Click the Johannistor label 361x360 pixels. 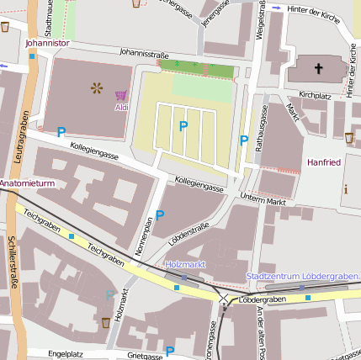(x=47, y=40)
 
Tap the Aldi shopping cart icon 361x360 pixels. (x=121, y=95)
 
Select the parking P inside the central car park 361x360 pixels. (x=183, y=126)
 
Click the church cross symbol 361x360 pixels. (x=319, y=68)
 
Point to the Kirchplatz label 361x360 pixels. (x=316, y=96)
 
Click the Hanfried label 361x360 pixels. (x=324, y=162)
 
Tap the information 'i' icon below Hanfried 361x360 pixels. (x=346, y=188)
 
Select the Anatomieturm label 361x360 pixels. (x=27, y=183)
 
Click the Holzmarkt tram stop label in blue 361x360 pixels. (x=185, y=264)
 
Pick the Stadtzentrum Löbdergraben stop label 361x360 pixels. (x=302, y=276)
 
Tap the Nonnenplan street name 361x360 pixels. (x=143, y=237)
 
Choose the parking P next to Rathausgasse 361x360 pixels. (x=244, y=140)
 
